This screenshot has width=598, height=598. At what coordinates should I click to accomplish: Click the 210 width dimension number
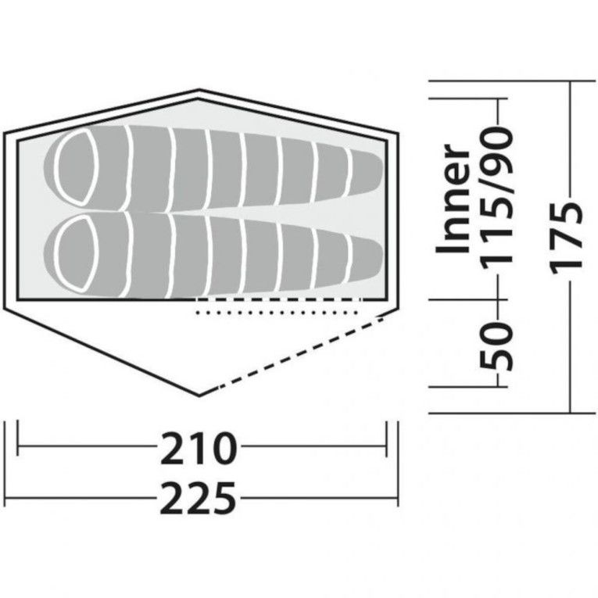tap(199, 449)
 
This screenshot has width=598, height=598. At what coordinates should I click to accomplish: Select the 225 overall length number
tap(198, 498)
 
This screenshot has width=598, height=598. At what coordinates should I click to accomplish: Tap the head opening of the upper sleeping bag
tap(77, 167)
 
